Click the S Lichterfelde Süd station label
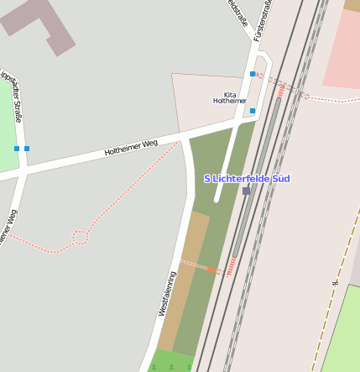tap(247, 179)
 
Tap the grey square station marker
tap(246, 191)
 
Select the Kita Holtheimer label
tap(230, 97)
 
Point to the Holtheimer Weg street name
tap(131, 149)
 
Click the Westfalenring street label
tap(167, 293)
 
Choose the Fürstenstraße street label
tap(263, 21)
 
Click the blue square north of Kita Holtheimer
tap(253, 74)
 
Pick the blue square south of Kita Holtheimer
tap(253, 110)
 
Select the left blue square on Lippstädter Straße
tap(17, 149)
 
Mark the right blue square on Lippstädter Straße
tap(27, 149)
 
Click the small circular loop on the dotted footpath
tap(80, 238)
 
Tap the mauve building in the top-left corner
tap(34, 21)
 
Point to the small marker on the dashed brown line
tap(335, 283)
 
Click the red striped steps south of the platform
tap(230, 267)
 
